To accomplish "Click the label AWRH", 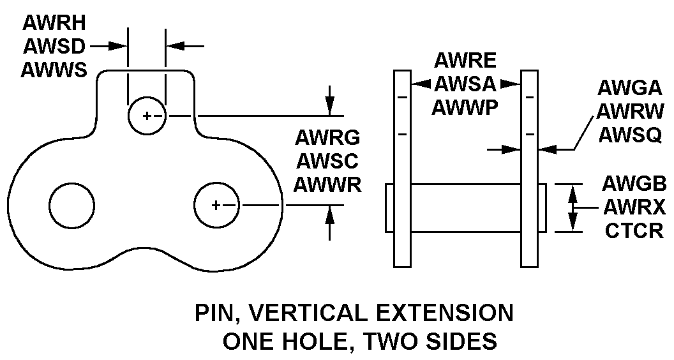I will [x=54, y=23].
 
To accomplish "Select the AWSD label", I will [x=54, y=46].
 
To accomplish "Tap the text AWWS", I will [x=54, y=69].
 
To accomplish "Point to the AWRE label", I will [x=465, y=61].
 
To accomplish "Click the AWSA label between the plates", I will [x=465, y=84].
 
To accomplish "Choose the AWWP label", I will [x=465, y=107].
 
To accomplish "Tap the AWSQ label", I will [x=629, y=134].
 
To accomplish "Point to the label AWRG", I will [x=327, y=137].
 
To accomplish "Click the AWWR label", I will [x=327, y=185].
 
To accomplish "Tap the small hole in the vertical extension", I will [x=146, y=116].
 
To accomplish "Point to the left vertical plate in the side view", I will [x=401, y=167].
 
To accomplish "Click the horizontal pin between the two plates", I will [x=465, y=207].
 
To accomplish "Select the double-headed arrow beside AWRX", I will [x=573, y=207].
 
